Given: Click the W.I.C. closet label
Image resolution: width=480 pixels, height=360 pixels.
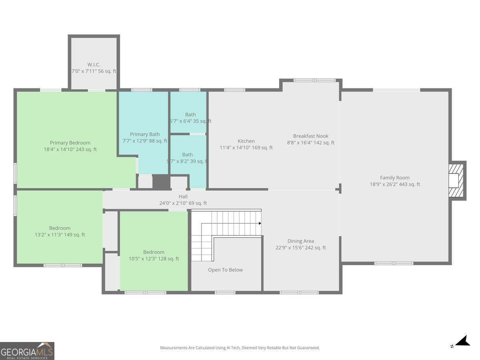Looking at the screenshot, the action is click(x=94, y=65).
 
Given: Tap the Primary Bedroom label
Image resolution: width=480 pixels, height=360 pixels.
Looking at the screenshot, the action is click(x=70, y=143).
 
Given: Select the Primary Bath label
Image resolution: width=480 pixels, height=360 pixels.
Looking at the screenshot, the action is click(x=145, y=134).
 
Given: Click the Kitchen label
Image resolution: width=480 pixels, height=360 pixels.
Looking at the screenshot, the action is click(x=246, y=141).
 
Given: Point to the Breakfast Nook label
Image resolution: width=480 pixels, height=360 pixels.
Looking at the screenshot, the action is click(x=311, y=136).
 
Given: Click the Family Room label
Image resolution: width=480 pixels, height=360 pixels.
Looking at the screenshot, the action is click(x=395, y=178).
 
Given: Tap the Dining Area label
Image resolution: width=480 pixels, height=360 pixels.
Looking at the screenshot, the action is click(x=301, y=241).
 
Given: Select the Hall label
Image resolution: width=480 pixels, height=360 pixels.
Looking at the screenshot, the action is click(x=183, y=196).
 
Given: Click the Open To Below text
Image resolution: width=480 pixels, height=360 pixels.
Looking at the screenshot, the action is click(x=226, y=270).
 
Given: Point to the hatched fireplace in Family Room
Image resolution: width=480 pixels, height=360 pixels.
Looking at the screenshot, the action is click(x=456, y=180).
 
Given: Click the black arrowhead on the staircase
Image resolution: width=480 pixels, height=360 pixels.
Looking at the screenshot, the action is click(x=260, y=223).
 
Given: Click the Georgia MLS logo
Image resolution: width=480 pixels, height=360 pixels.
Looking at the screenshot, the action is click(x=27, y=351).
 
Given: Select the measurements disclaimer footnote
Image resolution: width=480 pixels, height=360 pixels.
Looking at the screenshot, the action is click(x=240, y=348).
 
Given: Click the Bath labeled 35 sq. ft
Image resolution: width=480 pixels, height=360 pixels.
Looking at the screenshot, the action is click(x=190, y=114).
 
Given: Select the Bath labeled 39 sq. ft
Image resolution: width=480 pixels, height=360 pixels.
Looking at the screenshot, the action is click(x=188, y=155).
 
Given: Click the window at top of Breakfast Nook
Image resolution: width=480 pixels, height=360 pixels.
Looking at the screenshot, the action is click(x=314, y=80).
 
